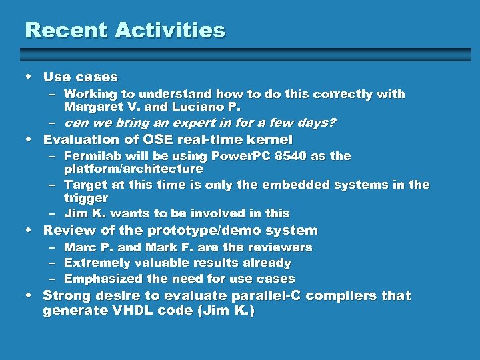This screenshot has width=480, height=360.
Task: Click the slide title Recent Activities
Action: [x=125, y=30]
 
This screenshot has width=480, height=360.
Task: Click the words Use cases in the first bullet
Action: [x=80, y=77]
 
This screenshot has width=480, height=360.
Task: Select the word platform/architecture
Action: [x=133, y=169]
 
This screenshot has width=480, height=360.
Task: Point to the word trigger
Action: [x=85, y=199]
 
